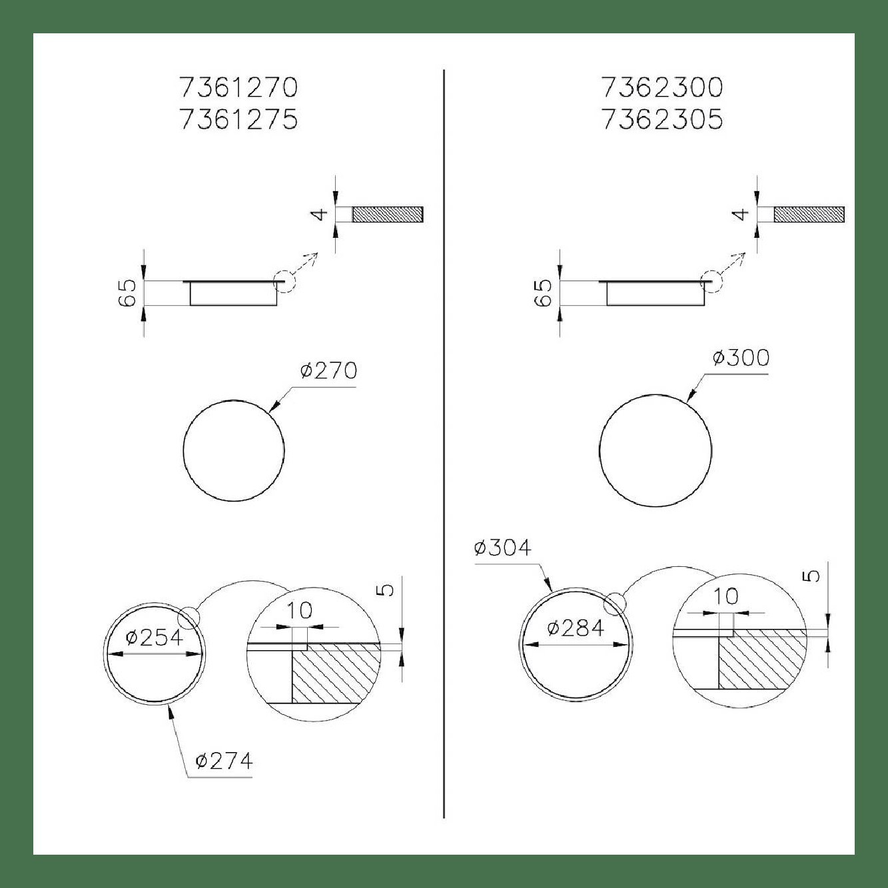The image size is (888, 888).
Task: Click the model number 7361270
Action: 238,87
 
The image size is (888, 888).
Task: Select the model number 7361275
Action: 238,119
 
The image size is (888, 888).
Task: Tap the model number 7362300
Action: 662,87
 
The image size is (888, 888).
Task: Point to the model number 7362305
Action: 662,119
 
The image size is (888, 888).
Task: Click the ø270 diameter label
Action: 328,370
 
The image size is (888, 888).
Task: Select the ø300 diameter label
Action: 741,357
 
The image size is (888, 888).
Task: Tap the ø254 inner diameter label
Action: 155,638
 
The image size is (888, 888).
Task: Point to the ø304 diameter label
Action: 503,548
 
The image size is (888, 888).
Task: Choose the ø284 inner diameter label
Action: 576,628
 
